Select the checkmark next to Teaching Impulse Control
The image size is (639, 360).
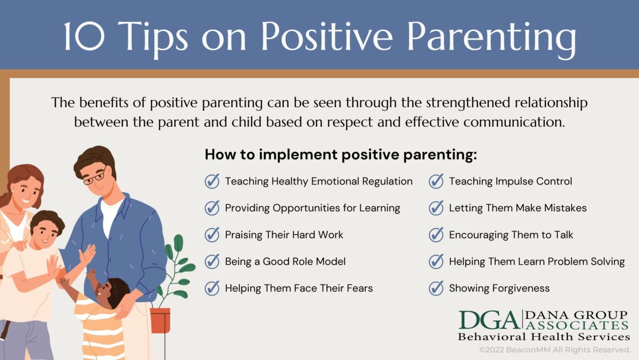point(436,181)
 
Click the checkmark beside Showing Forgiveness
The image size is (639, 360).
point(436,288)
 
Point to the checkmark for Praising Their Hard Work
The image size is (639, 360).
point(212,234)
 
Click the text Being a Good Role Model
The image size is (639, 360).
point(285,261)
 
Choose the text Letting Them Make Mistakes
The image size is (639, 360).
point(517,208)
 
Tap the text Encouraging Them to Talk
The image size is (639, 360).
point(511,234)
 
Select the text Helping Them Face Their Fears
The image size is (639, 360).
point(299,288)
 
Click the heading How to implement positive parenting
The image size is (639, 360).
point(340,155)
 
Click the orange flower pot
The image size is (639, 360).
point(160,320)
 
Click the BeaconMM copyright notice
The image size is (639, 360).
point(554,350)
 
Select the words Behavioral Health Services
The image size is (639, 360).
point(544,336)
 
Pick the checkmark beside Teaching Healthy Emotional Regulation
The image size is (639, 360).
point(212,181)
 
